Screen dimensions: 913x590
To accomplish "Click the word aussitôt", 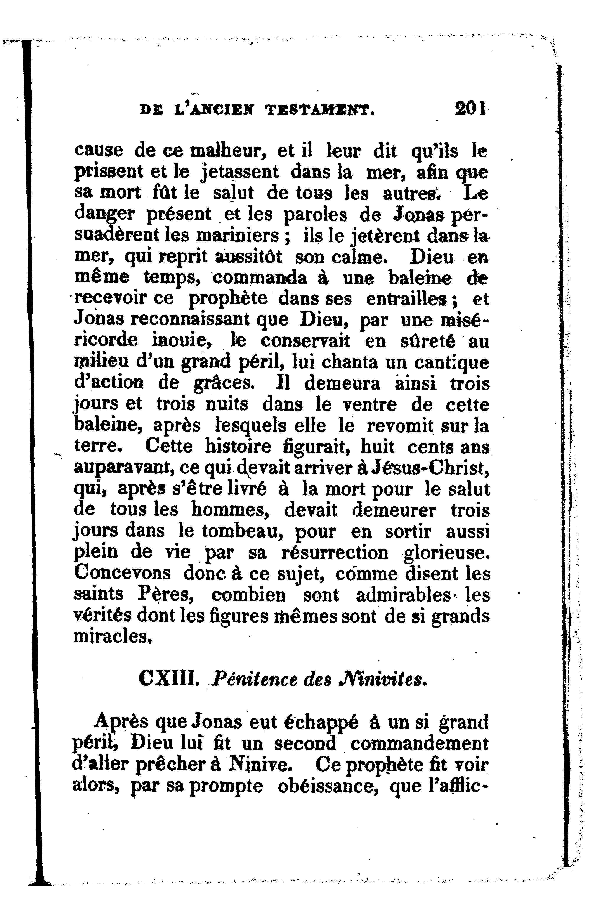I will coord(249,257).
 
